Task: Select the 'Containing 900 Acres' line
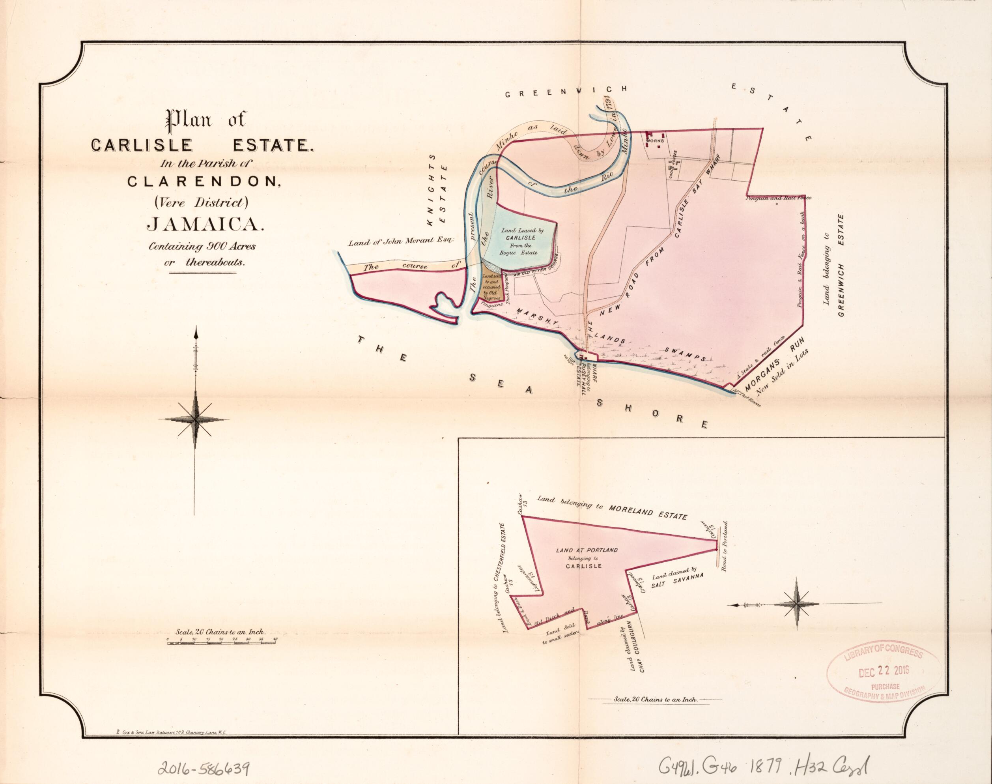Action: [x=202, y=247]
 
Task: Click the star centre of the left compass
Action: [x=196, y=419]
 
